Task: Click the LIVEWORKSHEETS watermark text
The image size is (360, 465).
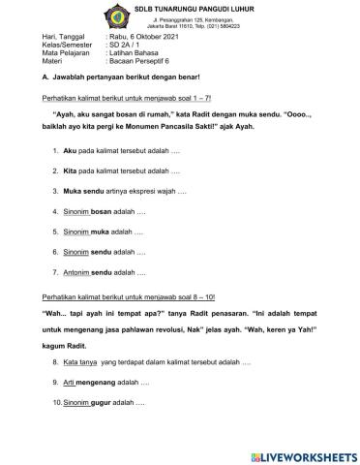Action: point(308,453)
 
